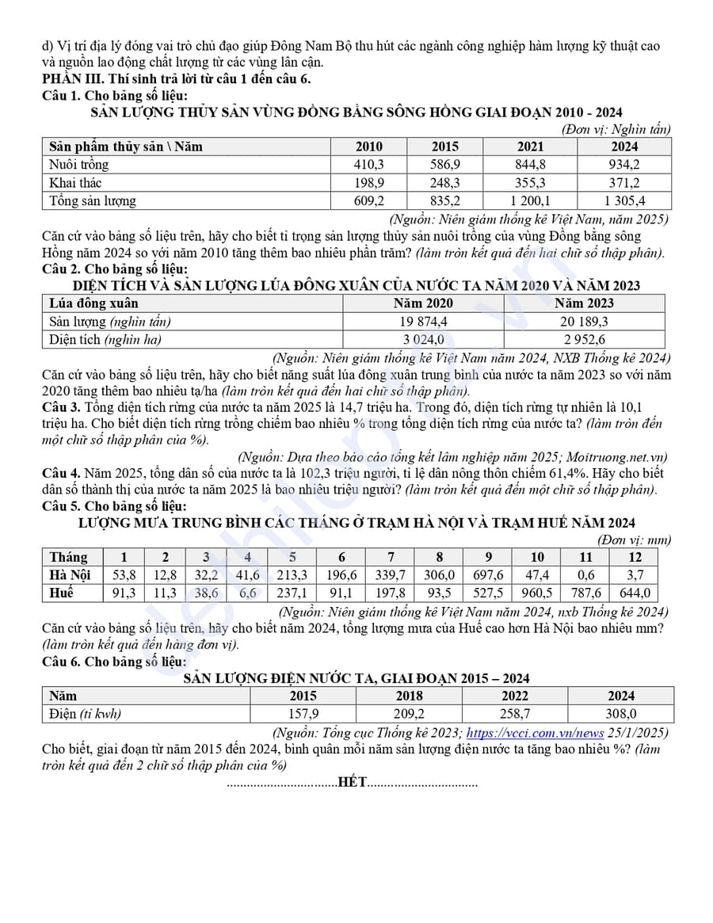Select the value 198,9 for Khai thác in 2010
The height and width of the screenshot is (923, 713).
tap(368, 183)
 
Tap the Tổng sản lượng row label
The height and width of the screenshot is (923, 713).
tap(93, 201)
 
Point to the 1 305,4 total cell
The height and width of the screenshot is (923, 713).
tap(624, 201)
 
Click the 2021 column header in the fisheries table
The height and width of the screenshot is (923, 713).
tap(531, 147)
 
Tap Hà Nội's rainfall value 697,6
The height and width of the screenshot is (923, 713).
tap(488, 575)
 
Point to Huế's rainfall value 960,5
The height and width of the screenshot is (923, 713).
tap(537, 593)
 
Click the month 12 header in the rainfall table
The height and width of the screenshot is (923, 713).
tap(635, 557)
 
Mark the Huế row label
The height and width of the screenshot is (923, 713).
tap(61, 593)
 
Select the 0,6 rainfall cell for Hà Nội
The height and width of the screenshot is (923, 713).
tap(585, 575)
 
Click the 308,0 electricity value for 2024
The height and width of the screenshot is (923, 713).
tap(621, 714)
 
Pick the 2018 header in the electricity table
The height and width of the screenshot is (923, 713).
tap(409, 696)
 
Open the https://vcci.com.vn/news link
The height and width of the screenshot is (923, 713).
tap(535, 733)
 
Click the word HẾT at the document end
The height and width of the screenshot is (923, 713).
tap(352, 783)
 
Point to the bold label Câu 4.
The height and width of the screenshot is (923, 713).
tap(62, 473)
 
